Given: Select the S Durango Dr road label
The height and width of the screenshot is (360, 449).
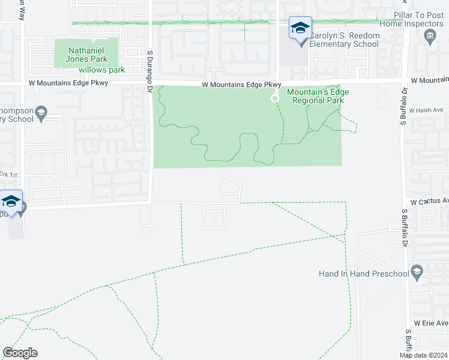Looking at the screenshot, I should click(x=151, y=69).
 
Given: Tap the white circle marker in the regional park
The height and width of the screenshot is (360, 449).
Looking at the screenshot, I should click(x=275, y=98).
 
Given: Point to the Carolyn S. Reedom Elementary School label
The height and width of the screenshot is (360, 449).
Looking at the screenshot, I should click(x=345, y=40).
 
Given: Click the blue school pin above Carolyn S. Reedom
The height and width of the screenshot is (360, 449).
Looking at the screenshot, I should click(x=300, y=28).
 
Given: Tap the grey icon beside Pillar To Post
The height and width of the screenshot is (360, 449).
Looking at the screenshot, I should click(x=430, y=39).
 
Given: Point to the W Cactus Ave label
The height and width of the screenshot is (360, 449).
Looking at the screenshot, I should click(x=429, y=201).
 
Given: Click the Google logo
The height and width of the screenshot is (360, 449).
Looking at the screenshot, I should click(x=20, y=353).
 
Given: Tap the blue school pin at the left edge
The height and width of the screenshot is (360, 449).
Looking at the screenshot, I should click(x=11, y=201).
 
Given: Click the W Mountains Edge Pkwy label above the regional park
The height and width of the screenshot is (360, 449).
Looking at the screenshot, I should click(x=241, y=85).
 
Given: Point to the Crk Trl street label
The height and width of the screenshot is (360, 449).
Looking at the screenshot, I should click(x=7, y=174).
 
